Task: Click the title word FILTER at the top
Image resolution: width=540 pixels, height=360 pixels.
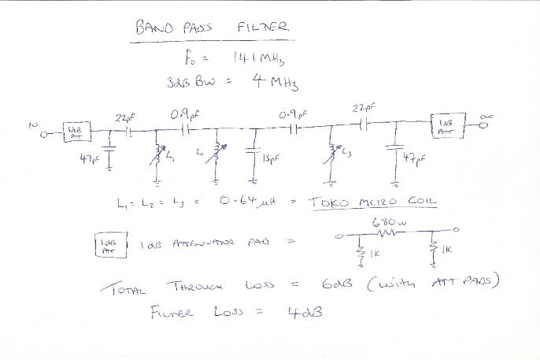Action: point(264,28)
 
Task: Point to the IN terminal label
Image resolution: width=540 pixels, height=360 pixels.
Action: point(32,124)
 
